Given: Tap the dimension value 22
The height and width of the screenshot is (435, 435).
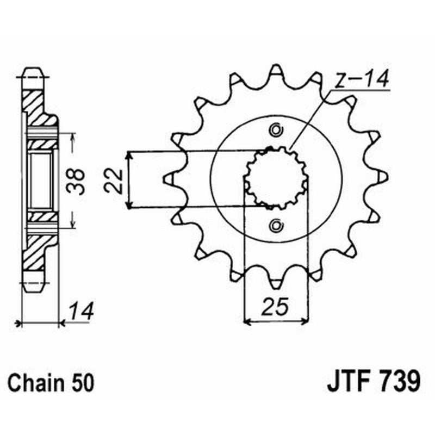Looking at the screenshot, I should tap(114, 179).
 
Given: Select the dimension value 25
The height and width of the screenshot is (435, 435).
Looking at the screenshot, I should tap(275, 307).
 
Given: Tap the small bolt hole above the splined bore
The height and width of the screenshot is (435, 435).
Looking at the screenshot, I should tap(276, 130).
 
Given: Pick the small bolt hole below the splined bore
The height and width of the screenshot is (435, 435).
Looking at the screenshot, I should tap(276, 224).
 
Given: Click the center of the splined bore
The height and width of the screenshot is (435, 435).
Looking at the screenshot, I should tap(276, 178).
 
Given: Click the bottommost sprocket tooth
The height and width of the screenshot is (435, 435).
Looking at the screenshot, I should tap(276, 284).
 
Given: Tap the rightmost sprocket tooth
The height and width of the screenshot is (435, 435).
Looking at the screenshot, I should tap(383, 177).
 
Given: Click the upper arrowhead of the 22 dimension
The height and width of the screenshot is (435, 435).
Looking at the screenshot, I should tap(129, 156).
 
